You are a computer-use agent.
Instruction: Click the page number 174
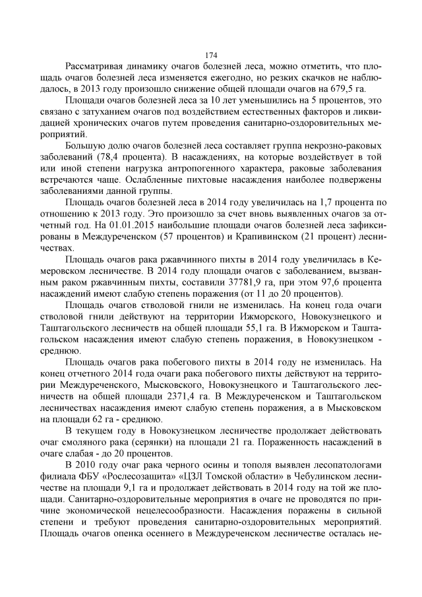[x=211, y=55]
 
